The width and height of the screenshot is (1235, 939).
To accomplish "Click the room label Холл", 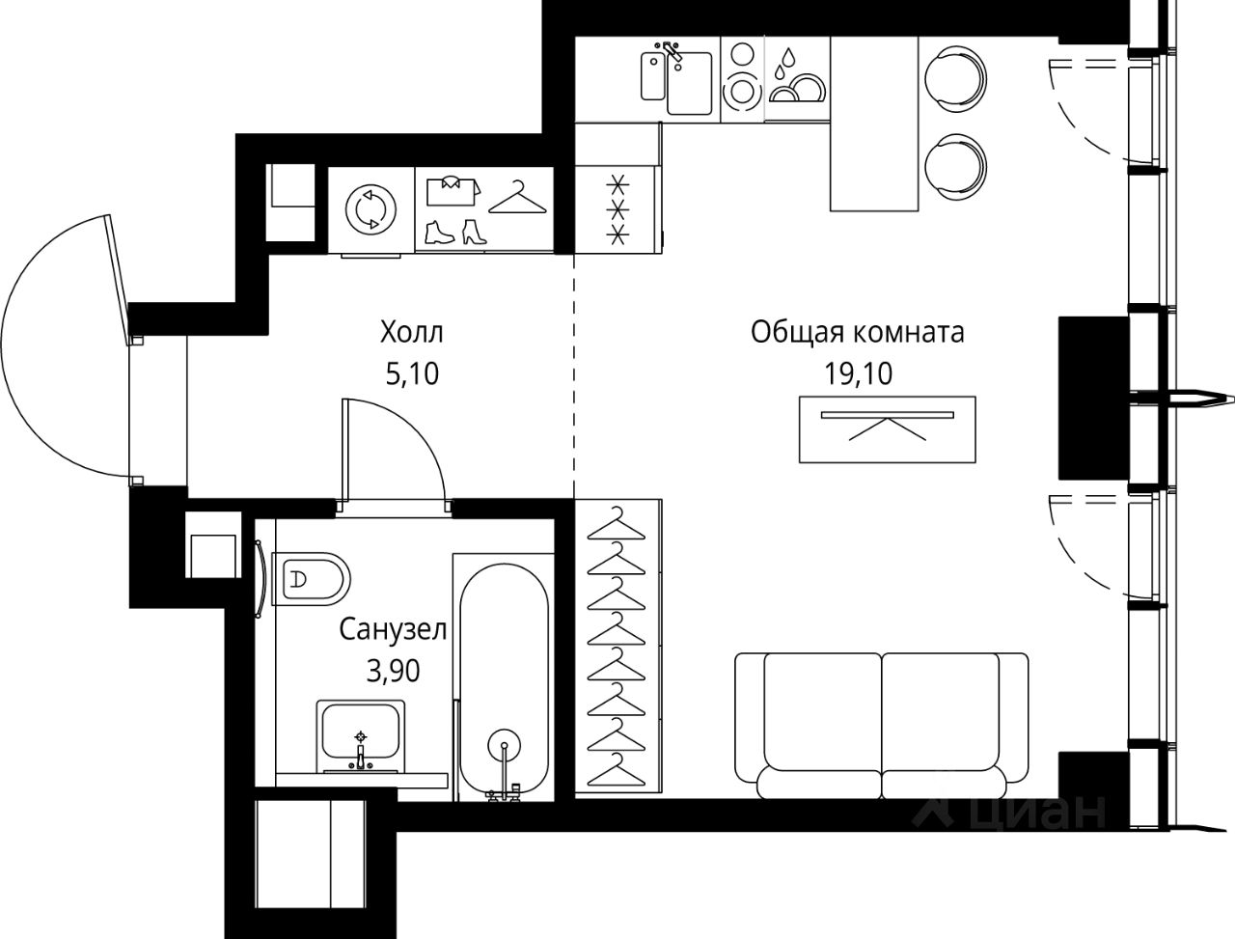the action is [412, 334].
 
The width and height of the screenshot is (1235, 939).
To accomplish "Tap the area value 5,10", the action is [412, 373].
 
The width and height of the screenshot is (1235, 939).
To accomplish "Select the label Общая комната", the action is [858, 334].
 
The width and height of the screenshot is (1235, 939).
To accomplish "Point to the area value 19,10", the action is [858, 373].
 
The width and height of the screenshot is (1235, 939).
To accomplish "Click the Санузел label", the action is [393, 630].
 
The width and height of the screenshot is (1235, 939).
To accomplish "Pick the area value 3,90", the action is [393, 671].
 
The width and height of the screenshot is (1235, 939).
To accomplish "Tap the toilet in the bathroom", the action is [311, 579].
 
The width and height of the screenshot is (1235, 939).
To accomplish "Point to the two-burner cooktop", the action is [742, 75].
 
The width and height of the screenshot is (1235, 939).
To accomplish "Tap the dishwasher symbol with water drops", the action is [796, 75].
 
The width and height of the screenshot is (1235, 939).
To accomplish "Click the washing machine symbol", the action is [371, 208].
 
